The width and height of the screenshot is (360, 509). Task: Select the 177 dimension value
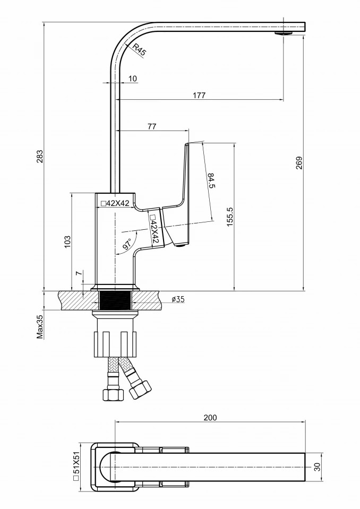[199, 95]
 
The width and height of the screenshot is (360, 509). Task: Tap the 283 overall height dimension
[39, 157]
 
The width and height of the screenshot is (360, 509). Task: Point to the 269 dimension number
[299, 163]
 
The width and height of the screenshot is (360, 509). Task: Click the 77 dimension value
[152, 126]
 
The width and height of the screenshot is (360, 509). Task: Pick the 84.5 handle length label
[211, 181]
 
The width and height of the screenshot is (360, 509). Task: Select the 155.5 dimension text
[230, 217]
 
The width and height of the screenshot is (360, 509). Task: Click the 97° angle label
[127, 244]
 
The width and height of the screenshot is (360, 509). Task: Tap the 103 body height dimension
[67, 242]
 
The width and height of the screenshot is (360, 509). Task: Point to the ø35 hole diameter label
[178, 299]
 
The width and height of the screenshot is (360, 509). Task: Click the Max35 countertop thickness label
[40, 326]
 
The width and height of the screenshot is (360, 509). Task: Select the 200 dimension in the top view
[210, 418]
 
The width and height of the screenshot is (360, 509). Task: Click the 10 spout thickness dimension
[132, 79]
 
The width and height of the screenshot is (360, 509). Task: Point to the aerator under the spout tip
[284, 33]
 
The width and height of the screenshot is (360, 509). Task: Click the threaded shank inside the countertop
[115, 301]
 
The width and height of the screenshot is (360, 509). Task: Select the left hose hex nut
[113, 394]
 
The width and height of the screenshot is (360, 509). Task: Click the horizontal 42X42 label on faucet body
[115, 203]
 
